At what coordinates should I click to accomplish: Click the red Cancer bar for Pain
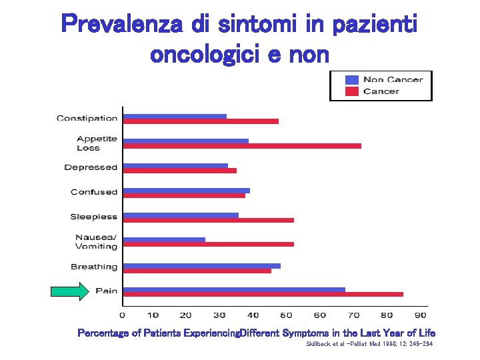coord(263,294)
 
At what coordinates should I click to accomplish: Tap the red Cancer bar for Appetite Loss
coord(243,146)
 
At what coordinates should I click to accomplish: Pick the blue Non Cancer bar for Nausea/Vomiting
coord(165,239)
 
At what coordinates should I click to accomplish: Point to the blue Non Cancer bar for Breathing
coord(202,265)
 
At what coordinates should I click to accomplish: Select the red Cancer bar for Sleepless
coord(209,220)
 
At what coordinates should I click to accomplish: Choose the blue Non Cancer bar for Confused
coord(187,190)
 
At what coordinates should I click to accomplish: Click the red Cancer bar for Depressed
coord(180,171)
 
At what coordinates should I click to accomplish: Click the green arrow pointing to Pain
coord(70,291)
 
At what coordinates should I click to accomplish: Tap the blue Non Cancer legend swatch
coord(352,79)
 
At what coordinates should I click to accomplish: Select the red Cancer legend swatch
coord(352,91)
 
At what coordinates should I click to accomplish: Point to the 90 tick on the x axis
coord(420,315)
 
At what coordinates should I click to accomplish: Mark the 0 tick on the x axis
coord(122,315)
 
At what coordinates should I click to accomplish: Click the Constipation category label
coord(87,119)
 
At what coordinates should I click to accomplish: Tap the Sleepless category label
coord(93,217)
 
